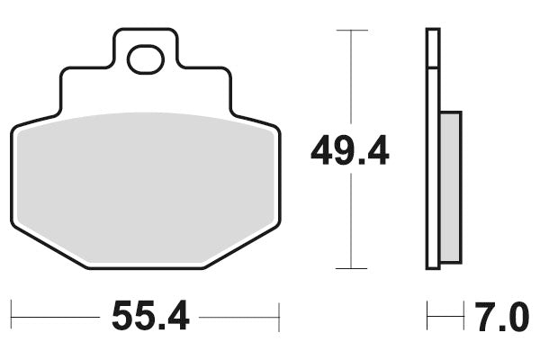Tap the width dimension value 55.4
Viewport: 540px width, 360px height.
[x=149, y=316]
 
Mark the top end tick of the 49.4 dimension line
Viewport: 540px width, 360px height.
[x=351, y=31]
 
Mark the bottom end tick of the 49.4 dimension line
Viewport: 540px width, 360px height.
[x=351, y=268]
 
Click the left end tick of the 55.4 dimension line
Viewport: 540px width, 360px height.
[x=12, y=316]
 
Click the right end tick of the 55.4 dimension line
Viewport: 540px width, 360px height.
[x=280, y=316]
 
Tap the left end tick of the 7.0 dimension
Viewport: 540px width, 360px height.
[x=427, y=316]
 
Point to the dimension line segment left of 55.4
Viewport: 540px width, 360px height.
[x=54, y=316]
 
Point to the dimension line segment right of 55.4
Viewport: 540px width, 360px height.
[x=238, y=316]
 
